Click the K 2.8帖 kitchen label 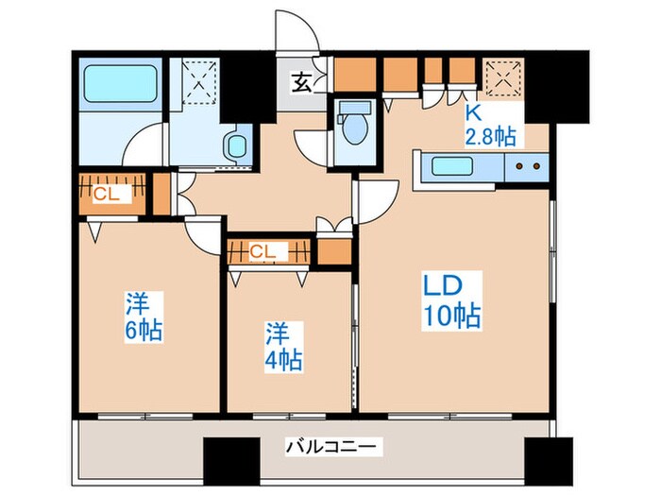[x=490, y=126]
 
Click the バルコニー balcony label [x=331, y=446]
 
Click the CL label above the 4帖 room [x=263, y=251]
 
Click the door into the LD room [x=376, y=200]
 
